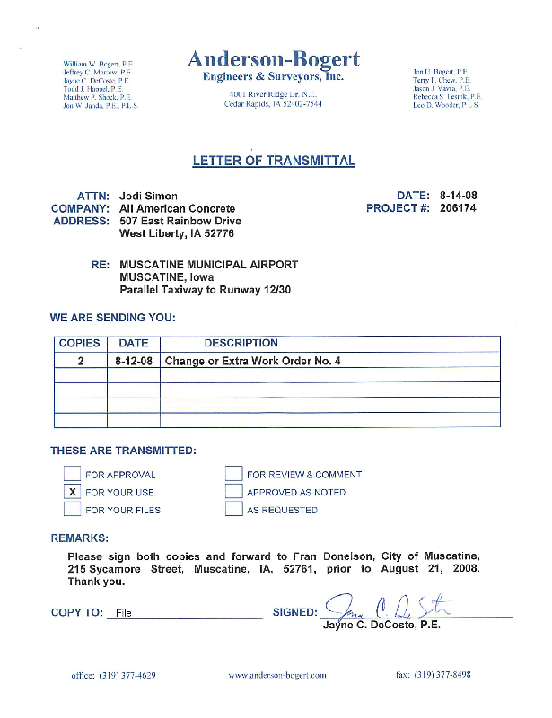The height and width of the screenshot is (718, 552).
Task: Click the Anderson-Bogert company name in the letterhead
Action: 274,60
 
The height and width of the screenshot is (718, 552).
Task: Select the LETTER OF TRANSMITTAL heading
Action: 274,162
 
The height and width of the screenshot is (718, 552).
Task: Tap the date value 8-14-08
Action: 458,196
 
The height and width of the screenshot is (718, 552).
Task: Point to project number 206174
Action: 458,208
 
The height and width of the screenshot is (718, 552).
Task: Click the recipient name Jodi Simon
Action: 149,196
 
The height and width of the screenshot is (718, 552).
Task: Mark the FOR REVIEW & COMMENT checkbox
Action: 234,474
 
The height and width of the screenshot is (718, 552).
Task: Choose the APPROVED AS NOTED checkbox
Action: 234,492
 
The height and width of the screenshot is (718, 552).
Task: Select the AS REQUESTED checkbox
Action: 234,510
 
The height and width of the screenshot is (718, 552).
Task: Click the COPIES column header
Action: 80,344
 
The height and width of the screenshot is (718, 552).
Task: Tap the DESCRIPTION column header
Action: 241,344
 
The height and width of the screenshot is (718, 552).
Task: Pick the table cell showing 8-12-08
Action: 134,361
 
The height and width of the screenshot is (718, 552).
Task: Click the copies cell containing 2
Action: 80,361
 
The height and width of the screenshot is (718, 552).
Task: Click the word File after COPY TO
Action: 123,614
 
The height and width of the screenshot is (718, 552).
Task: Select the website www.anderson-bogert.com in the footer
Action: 277,675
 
